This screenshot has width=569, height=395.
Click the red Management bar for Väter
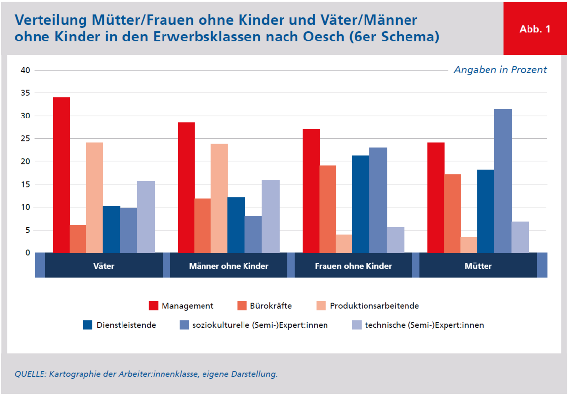pyautogui.click(x=61, y=175)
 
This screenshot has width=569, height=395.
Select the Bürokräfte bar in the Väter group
pyautogui.click(x=78, y=239)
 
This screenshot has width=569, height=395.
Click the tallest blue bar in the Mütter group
pyautogui.click(x=503, y=181)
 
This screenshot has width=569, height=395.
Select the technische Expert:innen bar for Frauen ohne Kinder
pyautogui.click(x=395, y=240)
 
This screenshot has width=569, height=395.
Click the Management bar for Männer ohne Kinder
pyautogui.click(x=186, y=188)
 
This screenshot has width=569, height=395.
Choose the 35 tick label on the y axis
pyautogui.click(x=25, y=93)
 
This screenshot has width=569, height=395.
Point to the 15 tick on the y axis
pyautogui.click(x=25, y=184)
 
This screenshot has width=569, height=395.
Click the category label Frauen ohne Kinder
pyautogui.click(x=353, y=266)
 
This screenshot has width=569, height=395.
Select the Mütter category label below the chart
pyautogui.click(x=478, y=266)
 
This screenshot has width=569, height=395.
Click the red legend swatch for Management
pyautogui.click(x=153, y=306)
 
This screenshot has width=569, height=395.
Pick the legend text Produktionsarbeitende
pyautogui.click(x=374, y=306)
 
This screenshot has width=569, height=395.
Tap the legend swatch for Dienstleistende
pyautogui.click(x=88, y=325)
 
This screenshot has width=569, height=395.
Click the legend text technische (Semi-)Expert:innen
pyautogui.click(x=424, y=325)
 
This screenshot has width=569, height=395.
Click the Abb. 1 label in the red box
pyautogui.click(x=534, y=29)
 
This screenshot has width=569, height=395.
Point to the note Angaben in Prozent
pyautogui.click(x=500, y=70)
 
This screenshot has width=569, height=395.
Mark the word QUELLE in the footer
pyautogui.click(x=29, y=374)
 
